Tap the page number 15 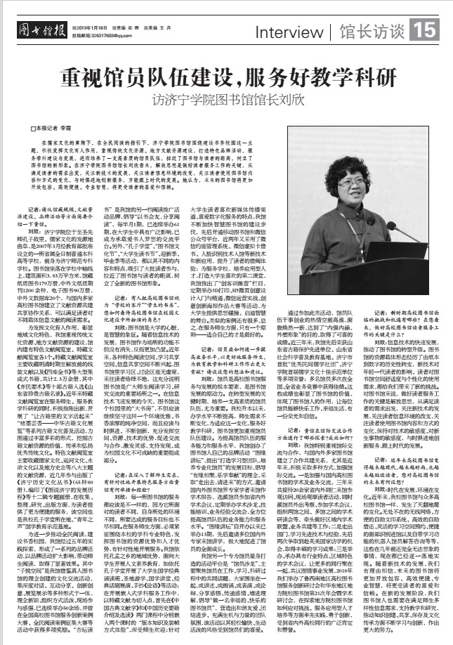pos(428,31)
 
